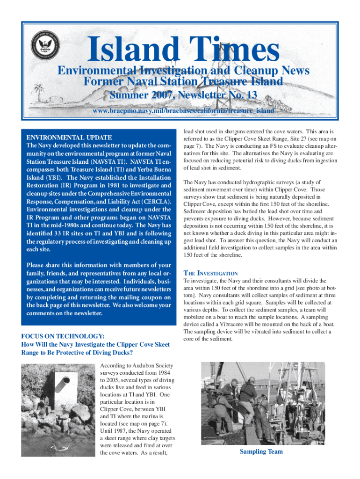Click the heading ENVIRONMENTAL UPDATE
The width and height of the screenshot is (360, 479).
coord(69,138)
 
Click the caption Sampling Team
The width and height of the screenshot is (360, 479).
coord(261,451)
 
